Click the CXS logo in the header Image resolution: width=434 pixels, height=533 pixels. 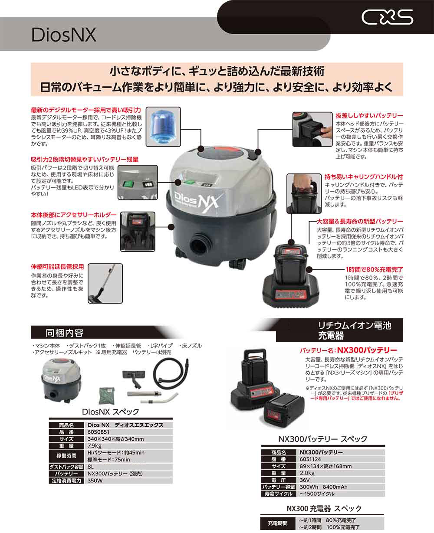click(x=387, y=17)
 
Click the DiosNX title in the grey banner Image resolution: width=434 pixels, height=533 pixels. click(x=64, y=35)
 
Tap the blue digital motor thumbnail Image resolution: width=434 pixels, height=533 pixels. click(x=163, y=127)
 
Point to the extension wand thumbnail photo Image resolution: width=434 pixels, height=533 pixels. click(x=105, y=283)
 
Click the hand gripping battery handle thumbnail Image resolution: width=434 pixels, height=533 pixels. click(x=304, y=193)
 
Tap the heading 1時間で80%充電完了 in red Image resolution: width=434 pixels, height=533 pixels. click(x=374, y=269)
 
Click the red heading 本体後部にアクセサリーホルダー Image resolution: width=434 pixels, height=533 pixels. click(x=74, y=215)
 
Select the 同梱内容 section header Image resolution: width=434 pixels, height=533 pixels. click(x=64, y=333)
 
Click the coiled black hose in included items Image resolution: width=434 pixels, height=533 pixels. click(x=171, y=374)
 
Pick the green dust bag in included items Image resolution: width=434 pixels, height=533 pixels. click(x=107, y=396)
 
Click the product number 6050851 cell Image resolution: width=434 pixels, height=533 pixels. click(x=98, y=432)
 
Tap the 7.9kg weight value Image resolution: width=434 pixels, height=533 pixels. click(x=95, y=446)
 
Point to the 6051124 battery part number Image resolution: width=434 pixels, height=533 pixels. click(x=310, y=459)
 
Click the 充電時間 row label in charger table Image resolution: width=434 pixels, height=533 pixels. click(x=278, y=523)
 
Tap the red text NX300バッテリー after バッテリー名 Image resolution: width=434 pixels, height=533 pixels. click(x=367, y=350)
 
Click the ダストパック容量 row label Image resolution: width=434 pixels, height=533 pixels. click(x=66, y=467)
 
